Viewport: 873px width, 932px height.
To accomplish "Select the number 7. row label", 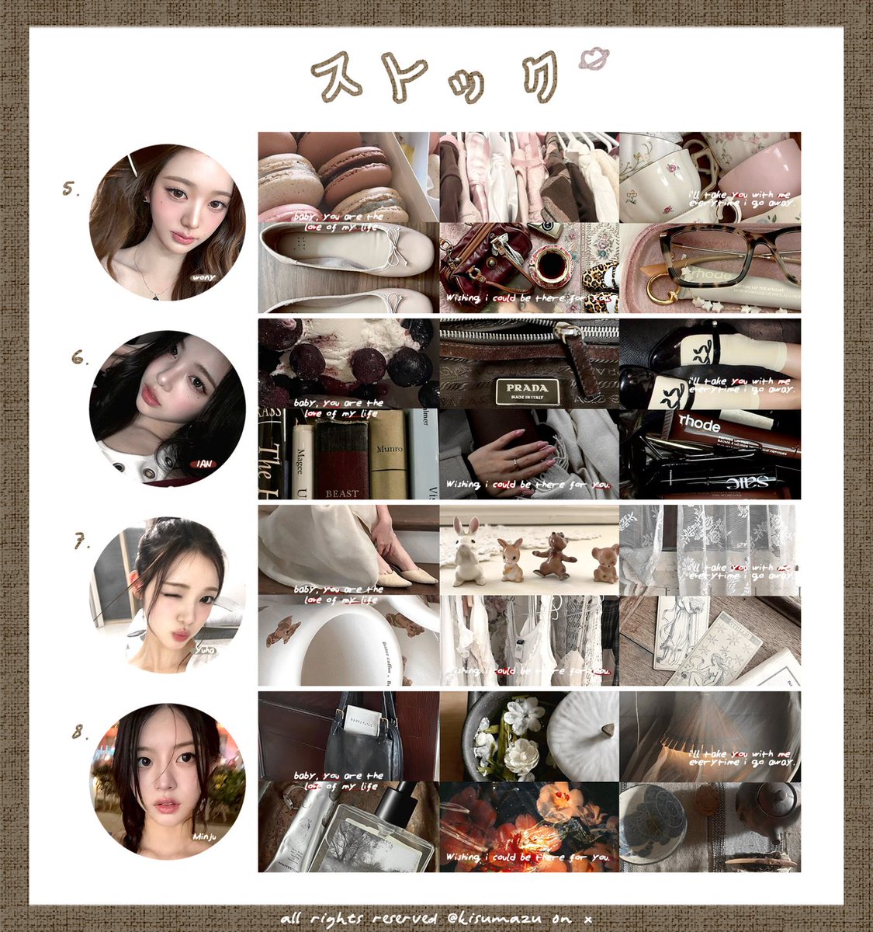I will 81,543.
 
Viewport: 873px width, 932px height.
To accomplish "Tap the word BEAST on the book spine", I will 341,492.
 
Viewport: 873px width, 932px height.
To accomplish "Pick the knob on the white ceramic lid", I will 605,729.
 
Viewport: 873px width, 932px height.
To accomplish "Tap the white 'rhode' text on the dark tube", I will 699,426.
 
